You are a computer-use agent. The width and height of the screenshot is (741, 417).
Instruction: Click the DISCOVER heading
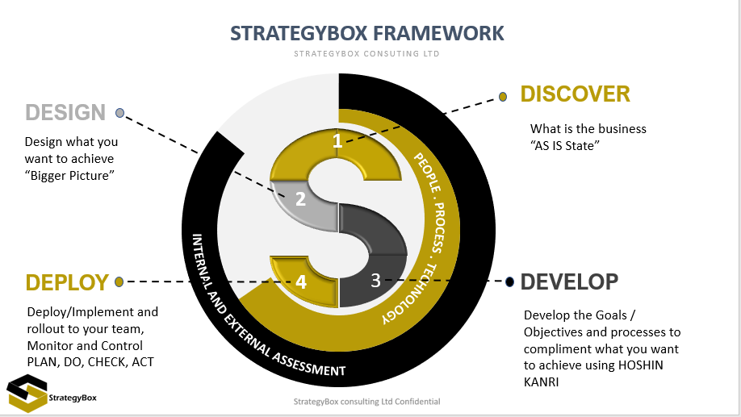(x=576, y=94)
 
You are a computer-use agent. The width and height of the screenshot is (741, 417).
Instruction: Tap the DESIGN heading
(x=65, y=112)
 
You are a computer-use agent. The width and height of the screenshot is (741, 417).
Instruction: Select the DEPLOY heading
(x=67, y=282)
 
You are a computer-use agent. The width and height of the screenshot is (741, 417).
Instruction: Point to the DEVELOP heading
(x=569, y=281)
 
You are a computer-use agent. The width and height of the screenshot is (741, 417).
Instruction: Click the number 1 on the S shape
(x=337, y=140)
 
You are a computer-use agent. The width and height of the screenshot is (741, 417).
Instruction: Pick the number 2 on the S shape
(x=300, y=198)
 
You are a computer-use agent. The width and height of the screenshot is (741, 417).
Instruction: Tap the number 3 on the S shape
(x=375, y=281)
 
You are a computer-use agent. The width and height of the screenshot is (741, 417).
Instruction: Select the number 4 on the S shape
(x=301, y=282)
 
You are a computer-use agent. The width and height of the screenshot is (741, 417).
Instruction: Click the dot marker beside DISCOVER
(x=503, y=97)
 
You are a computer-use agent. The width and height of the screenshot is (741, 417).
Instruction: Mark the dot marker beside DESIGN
(x=120, y=113)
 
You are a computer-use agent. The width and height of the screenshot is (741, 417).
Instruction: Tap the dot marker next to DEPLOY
(x=119, y=282)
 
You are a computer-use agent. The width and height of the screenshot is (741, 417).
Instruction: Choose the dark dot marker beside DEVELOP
(x=509, y=282)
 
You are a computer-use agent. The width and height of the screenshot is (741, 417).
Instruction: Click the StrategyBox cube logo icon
(x=27, y=394)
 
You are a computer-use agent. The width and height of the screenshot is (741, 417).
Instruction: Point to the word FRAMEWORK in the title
(x=438, y=34)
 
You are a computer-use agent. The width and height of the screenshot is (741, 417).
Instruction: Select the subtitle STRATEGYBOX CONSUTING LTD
(x=366, y=54)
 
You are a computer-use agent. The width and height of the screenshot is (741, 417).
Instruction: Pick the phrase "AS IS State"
(x=565, y=145)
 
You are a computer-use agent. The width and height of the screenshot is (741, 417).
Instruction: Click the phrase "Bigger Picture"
(x=69, y=176)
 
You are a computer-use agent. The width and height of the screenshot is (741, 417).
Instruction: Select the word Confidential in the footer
(x=417, y=402)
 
